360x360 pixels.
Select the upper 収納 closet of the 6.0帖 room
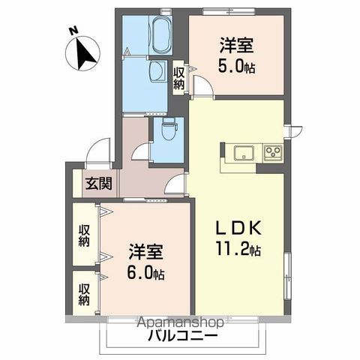click(x=84, y=237)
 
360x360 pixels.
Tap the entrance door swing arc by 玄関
click(x=95, y=155)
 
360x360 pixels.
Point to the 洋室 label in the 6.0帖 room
click(x=143, y=252)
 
